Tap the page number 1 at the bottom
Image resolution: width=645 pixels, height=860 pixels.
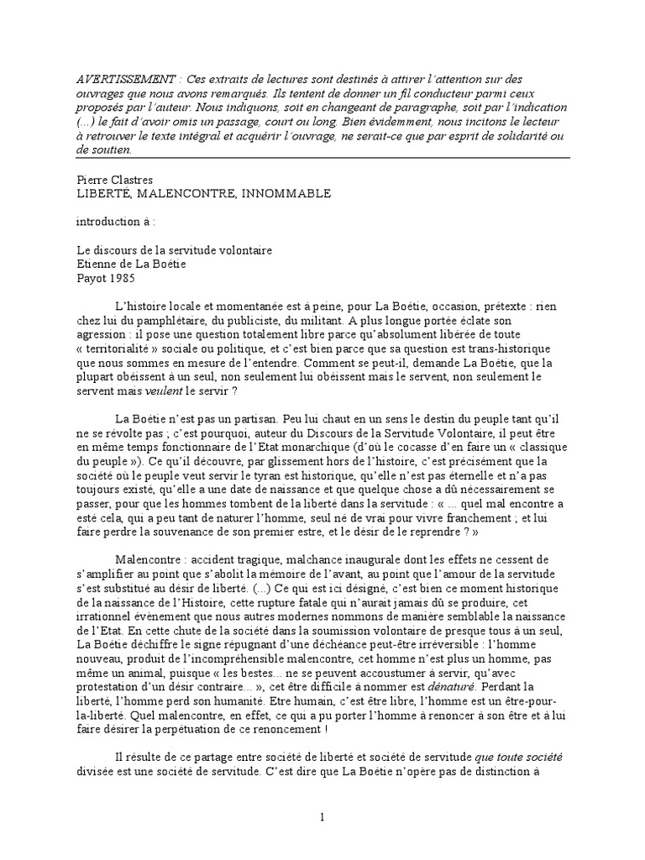point(322,817)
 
